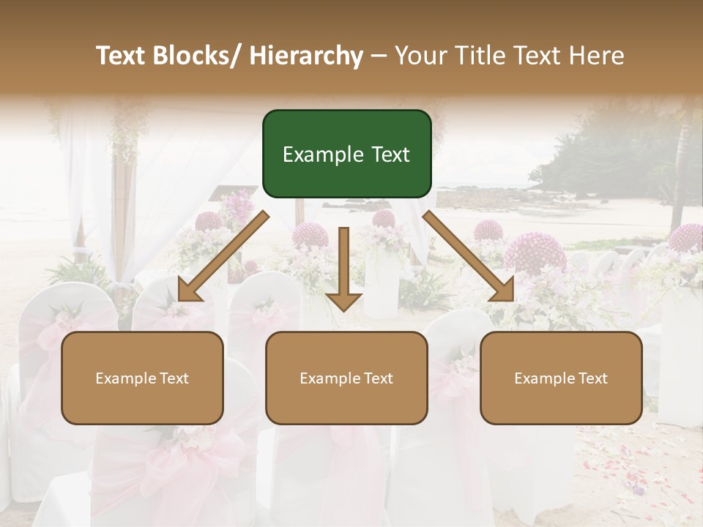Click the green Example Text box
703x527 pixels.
pyautogui.click(x=346, y=154)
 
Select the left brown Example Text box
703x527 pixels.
pyautogui.click(x=142, y=378)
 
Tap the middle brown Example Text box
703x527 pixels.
pyautogui.click(x=346, y=378)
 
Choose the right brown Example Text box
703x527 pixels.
pyautogui.click(x=561, y=378)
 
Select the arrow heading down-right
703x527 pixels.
pyautogui.click(x=469, y=256)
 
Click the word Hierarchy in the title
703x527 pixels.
pyautogui.click(x=306, y=56)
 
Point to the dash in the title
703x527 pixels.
pyautogui.click(x=379, y=56)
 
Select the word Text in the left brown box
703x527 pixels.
pyautogui.click(x=173, y=378)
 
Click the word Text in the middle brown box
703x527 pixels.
pyautogui.click(x=377, y=378)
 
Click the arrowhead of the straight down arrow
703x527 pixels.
pyautogui.click(x=343, y=300)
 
